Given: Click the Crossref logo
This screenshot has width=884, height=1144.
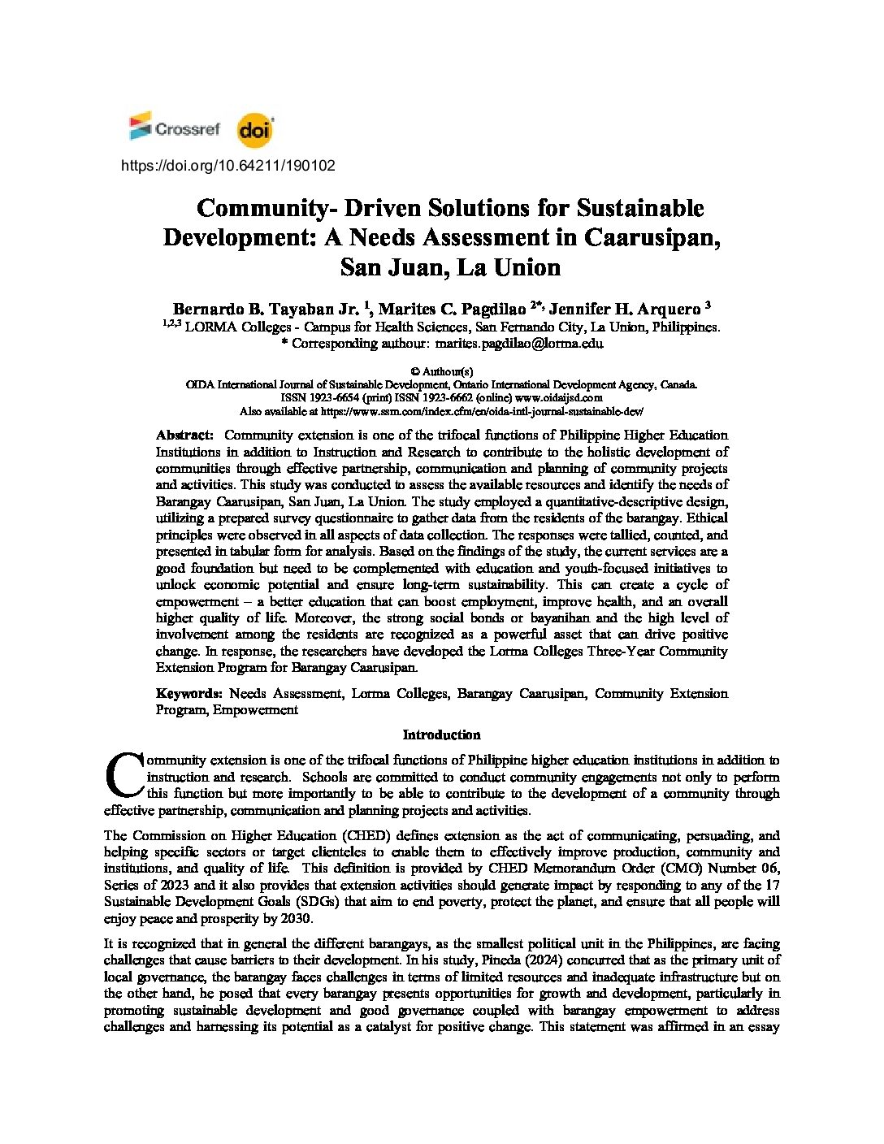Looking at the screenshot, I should click(x=175, y=128).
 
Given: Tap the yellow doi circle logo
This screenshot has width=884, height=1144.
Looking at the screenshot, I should click(x=255, y=132).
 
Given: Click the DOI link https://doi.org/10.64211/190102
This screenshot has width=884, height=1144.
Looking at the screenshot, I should click(x=227, y=166).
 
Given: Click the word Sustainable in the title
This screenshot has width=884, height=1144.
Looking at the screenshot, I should click(x=640, y=208).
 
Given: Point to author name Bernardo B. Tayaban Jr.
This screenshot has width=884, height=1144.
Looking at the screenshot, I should click(x=266, y=310).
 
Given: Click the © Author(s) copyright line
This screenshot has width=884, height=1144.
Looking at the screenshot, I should click(x=442, y=371).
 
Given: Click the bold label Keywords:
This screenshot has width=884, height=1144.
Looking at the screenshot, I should click(x=188, y=694).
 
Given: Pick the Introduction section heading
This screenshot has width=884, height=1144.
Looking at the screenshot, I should click(x=442, y=735).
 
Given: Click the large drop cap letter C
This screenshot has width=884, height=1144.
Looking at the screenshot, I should click(x=123, y=776).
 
